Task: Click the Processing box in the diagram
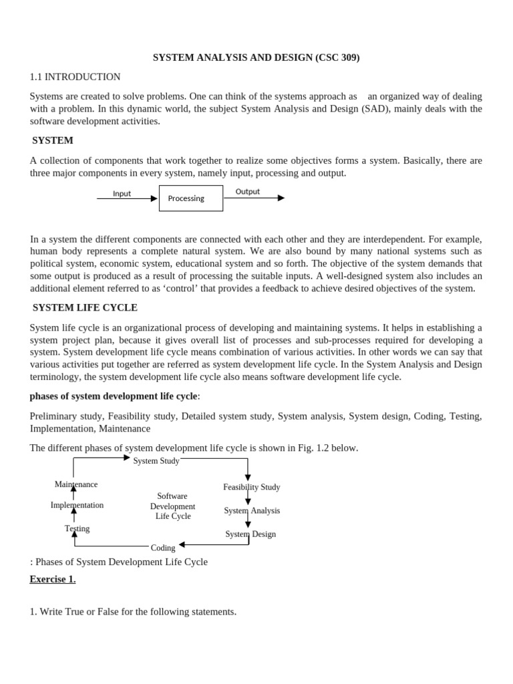tap(190, 198)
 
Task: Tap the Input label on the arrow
tap(122, 194)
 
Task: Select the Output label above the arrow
tap(247, 192)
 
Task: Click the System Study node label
tap(156, 461)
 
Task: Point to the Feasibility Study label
tap(251, 487)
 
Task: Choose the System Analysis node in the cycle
tap(252, 510)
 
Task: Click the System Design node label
tap(250, 534)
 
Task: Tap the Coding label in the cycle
tap(163, 548)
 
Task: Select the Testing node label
tap(77, 528)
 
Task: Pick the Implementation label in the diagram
tap(77, 505)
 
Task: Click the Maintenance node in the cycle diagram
tap(76, 484)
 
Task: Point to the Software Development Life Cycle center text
tap(172, 506)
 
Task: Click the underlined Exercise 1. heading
tap(53, 579)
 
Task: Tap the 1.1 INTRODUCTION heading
tap(75, 77)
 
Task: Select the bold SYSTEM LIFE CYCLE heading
tap(85, 307)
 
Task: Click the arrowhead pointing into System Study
tap(127, 458)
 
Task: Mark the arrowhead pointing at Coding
tap(182, 544)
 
